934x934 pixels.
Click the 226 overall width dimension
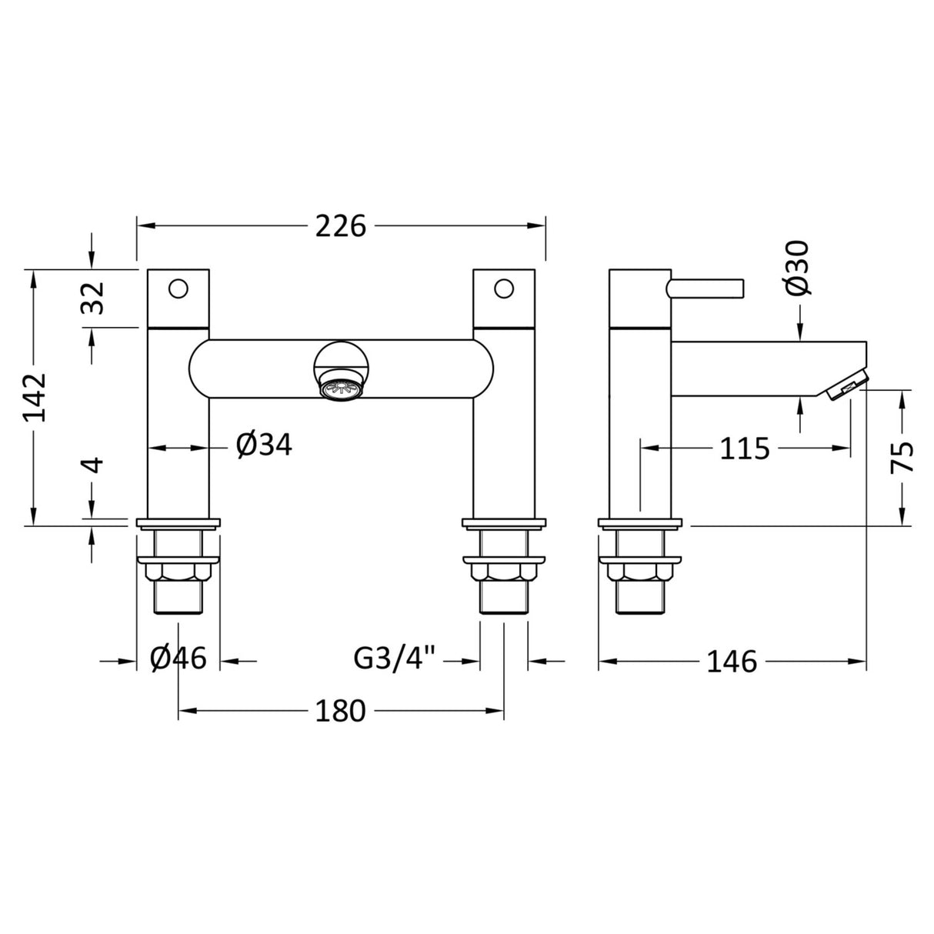click(341, 226)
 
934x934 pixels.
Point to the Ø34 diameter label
click(264, 445)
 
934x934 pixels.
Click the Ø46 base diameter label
click(178, 659)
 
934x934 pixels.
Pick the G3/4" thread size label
click(395, 659)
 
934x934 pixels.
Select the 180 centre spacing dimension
click(341, 711)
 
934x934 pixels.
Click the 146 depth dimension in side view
click(732, 661)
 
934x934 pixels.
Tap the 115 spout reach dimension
click(745, 448)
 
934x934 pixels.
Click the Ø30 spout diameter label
click(799, 267)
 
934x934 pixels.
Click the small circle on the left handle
click(178, 289)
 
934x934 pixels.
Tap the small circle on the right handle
click(504, 289)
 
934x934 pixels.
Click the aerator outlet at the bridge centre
click(341, 389)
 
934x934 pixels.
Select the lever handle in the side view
click(706, 288)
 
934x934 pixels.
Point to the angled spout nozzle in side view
click(845, 385)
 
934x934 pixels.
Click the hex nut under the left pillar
click(178, 573)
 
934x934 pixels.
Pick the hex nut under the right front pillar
click(504, 573)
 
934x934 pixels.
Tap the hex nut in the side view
click(639, 573)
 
